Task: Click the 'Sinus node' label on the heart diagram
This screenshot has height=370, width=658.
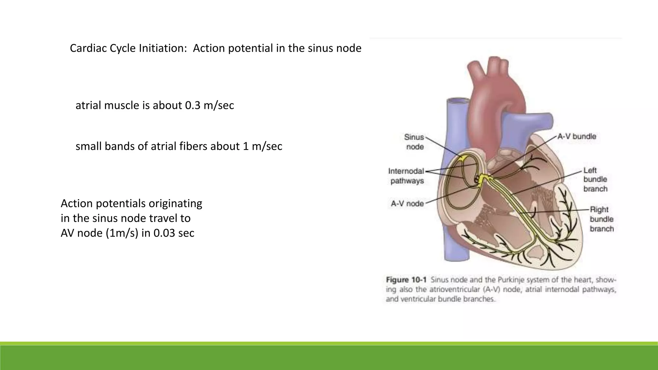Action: point(414,142)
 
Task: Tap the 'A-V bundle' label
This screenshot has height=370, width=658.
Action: point(577,137)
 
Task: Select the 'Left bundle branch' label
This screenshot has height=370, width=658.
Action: point(595,180)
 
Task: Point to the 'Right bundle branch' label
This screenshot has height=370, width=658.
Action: point(601,219)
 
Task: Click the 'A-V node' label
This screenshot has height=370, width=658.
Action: point(407,204)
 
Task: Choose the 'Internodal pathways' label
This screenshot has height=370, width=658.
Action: point(406,176)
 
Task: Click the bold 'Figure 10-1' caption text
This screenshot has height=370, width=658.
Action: point(406,280)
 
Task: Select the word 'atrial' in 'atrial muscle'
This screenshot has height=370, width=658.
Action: point(88,105)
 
